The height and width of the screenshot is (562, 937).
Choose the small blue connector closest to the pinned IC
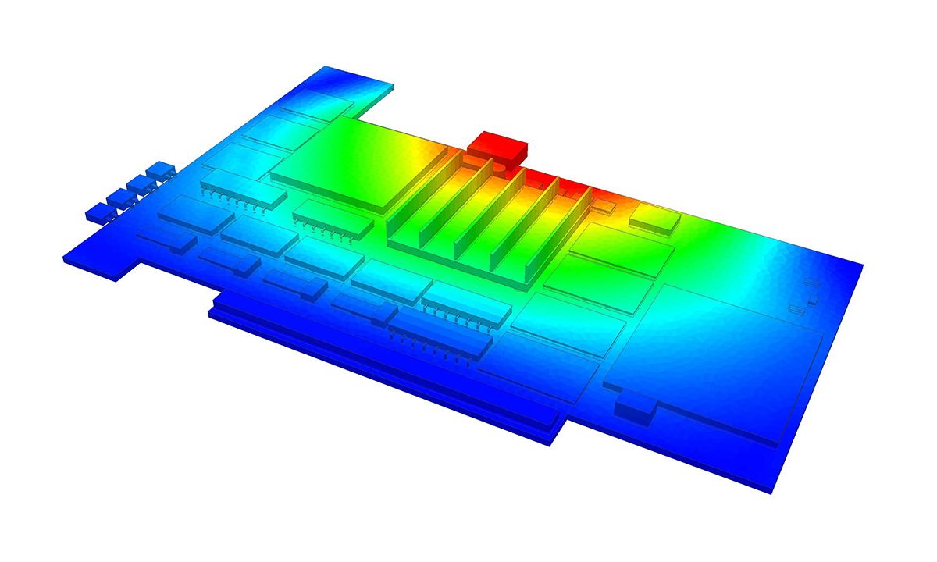click(x=161, y=169)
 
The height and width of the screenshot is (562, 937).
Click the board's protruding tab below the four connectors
click(x=102, y=261)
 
